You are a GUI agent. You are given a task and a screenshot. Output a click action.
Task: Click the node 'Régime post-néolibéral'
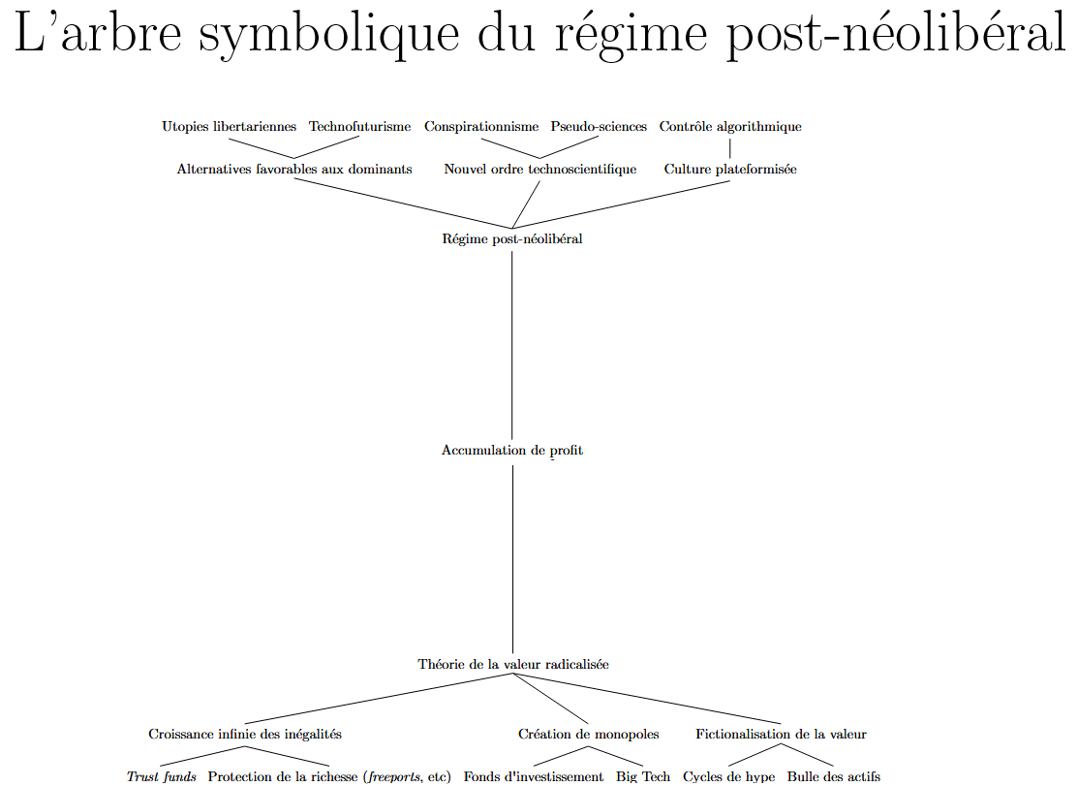(512, 239)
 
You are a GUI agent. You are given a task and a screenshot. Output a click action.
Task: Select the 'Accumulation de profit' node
(512, 451)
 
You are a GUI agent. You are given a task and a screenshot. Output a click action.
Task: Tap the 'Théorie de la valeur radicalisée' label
(513, 665)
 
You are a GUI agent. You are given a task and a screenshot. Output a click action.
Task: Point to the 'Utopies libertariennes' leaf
(230, 127)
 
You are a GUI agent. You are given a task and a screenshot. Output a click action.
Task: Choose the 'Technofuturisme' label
(359, 127)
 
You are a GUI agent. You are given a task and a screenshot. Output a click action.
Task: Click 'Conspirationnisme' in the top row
(481, 127)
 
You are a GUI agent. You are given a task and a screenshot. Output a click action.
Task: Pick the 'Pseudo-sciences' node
(599, 127)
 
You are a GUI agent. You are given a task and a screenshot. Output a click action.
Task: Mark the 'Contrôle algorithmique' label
(730, 127)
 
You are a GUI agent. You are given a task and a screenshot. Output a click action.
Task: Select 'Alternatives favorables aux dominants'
(294, 170)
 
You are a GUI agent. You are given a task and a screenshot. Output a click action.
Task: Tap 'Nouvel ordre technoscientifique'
(540, 170)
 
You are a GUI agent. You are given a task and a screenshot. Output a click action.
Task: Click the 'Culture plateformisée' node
(730, 170)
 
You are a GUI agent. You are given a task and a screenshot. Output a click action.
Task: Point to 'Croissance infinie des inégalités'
(245, 735)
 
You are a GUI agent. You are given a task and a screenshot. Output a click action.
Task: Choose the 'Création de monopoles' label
(589, 735)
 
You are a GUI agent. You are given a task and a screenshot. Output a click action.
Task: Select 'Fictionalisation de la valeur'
(781, 735)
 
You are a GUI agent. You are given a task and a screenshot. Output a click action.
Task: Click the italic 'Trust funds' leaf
(162, 777)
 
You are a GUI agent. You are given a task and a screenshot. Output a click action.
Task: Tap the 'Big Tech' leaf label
(643, 777)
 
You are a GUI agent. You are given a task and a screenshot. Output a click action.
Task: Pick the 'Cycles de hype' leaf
(729, 777)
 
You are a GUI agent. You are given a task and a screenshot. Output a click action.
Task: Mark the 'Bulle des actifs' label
(834, 777)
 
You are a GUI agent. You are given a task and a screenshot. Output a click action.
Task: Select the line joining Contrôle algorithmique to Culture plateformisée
(730, 148)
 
